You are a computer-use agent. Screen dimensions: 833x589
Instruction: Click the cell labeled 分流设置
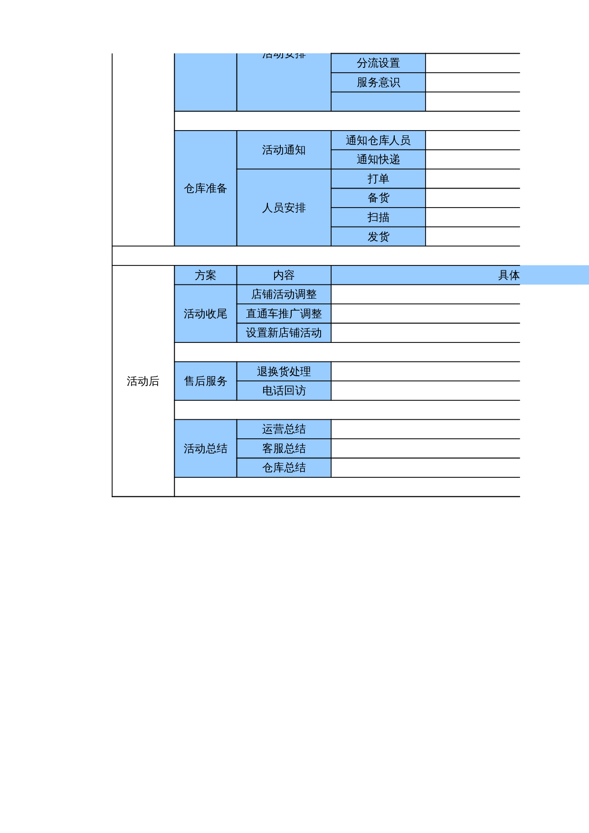(378, 63)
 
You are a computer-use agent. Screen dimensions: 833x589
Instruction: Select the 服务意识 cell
(378, 83)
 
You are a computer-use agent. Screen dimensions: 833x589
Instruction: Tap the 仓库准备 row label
(205, 189)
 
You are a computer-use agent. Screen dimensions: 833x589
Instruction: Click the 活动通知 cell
(284, 150)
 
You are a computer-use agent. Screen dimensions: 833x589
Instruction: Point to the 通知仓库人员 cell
(378, 141)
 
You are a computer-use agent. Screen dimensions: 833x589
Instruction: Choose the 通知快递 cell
(378, 160)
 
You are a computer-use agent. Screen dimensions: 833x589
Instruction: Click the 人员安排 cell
(284, 208)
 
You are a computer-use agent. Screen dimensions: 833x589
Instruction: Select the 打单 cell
(378, 179)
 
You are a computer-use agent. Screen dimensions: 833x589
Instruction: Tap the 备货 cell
(378, 198)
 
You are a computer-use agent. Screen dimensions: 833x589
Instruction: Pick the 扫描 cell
(378, 218)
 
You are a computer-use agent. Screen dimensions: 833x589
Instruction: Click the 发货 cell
(378, 237)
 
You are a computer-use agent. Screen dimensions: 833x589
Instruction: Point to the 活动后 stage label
(143, 381)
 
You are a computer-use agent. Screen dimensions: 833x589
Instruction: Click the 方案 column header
(205, 275)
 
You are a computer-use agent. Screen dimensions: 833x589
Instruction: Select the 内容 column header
(284, 275)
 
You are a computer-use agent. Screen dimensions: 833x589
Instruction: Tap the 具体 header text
(508, 275)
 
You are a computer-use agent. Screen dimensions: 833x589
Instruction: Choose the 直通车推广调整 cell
(284, 314)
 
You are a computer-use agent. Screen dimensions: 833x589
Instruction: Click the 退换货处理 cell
(284, 372)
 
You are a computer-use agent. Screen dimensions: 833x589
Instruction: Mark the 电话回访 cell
(284, 391)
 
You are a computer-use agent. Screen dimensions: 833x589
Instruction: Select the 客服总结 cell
(284, 449)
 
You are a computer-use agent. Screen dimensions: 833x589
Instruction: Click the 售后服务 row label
(205, 381)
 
